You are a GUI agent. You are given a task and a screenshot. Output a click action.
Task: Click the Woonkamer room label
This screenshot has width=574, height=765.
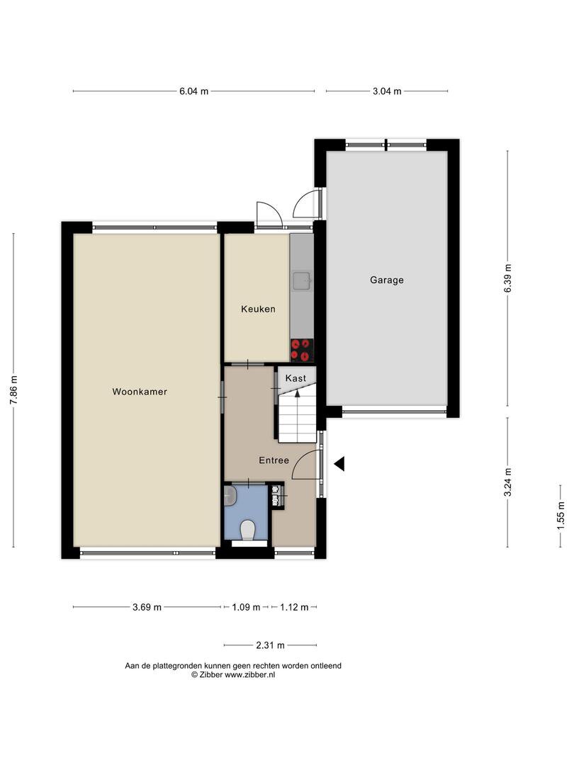point(140,391)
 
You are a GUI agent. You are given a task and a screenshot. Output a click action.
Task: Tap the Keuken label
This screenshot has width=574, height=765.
point(258,309)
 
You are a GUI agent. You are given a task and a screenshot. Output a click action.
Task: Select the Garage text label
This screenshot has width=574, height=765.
point(387,280)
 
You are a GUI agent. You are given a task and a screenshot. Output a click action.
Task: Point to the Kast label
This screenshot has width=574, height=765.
point(296,378)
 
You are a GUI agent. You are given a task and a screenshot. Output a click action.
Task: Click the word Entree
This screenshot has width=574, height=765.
point(274,460)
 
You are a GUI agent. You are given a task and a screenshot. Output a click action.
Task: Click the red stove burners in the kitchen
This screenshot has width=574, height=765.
point(302,351)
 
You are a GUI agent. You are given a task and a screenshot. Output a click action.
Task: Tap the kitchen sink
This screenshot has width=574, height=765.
point(302,279)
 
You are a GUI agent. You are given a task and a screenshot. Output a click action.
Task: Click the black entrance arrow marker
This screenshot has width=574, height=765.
point(339,464)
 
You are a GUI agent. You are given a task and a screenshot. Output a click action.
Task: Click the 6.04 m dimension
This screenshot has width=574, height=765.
point(193,91)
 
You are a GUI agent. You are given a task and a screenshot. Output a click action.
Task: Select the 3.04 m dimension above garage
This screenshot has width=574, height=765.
point(387,91)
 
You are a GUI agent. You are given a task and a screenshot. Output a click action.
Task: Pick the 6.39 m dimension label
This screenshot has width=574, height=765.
point(508,278)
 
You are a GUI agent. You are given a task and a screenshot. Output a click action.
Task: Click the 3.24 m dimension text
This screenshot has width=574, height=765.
point(508,482)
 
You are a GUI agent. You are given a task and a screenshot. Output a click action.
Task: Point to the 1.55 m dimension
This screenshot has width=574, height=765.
point(561,516)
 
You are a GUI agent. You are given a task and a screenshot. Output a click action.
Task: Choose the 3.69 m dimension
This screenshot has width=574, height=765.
point(147,608)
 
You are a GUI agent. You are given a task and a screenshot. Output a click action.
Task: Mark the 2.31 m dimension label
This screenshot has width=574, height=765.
point(271,645)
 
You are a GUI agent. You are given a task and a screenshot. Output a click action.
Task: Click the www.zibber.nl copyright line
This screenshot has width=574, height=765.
point(233,675)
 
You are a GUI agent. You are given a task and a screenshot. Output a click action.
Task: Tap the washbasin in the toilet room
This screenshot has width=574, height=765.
point(230,497)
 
